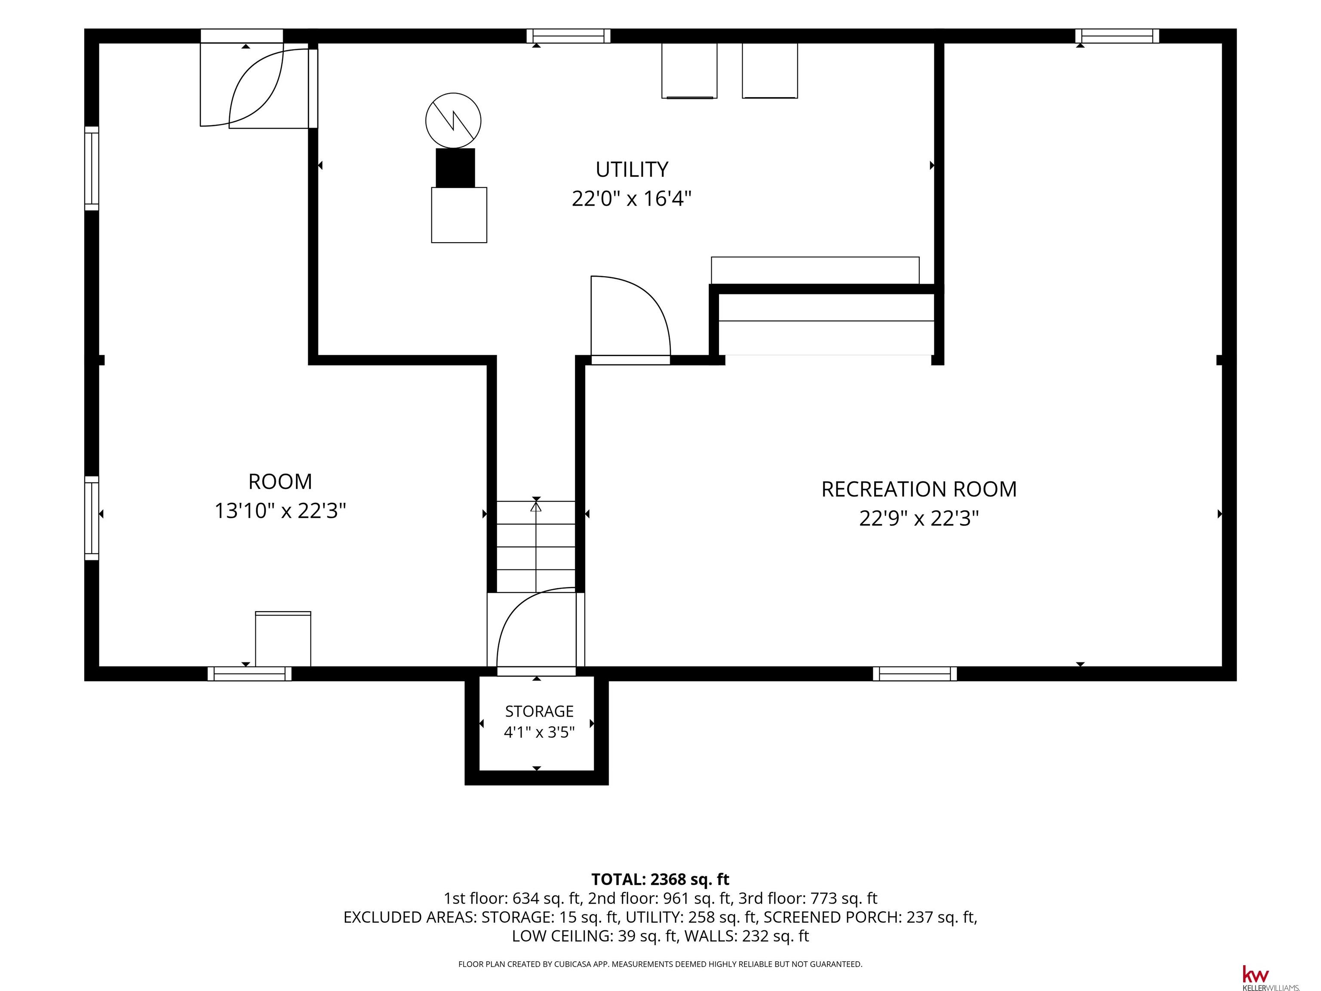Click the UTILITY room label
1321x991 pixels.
[631, 169]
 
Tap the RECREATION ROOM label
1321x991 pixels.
[919, 489]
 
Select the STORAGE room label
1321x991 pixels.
[539, 711]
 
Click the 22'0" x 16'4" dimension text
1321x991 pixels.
[631, 198]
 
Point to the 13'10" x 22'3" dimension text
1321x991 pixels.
[280, 511]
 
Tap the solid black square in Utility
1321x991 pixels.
[455, 168]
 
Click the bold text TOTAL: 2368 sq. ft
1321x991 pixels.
[660, 879]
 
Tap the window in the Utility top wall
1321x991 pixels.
[568, 36]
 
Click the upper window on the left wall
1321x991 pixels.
[91, 169]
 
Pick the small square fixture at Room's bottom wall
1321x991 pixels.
[283, 639]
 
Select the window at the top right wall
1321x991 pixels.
[1117, 36]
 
